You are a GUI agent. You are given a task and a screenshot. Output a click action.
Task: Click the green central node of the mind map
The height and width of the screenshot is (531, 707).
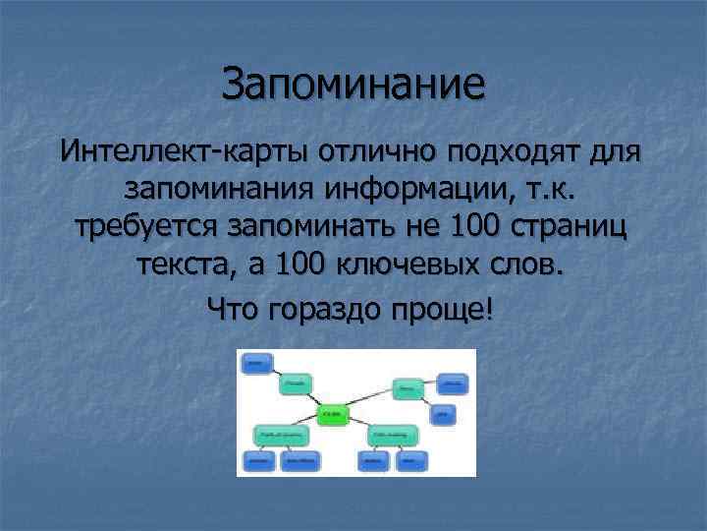333,413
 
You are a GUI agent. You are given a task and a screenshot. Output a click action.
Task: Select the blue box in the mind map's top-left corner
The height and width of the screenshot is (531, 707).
255,363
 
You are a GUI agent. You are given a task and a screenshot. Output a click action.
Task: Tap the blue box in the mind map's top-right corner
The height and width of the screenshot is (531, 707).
451,383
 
